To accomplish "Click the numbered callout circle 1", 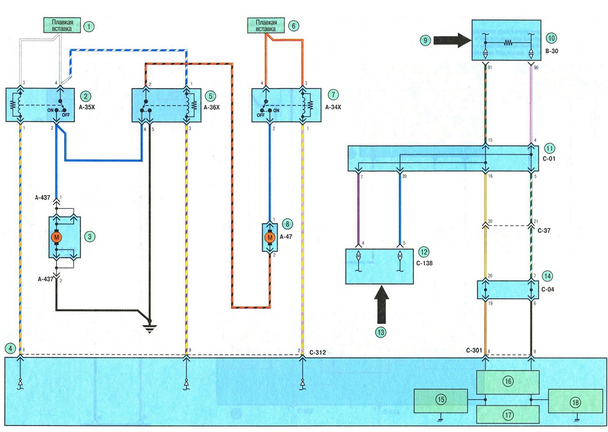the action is (x=88, y=27).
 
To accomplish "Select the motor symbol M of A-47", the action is (x=270, y=238).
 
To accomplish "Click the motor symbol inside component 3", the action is (x=57, y=238).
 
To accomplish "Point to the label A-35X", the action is (x=87, y=107).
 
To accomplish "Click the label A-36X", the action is (x=212, y=107).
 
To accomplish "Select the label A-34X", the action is (x=333, y=107).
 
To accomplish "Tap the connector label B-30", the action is (x=551, y=51).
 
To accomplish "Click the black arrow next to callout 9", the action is (x=452, y=40).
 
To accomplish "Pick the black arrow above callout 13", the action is (x=382, y=305).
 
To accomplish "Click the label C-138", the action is (x=425, y=263).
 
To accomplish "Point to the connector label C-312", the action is (x=317, y=353).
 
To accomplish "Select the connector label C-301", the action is (x=474, y=350).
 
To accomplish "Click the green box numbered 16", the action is (x=508, y=382).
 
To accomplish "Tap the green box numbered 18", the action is (x=575, y=402).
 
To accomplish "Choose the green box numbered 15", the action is (x=441, y=401).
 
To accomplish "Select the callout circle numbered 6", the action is (x=294, y=26).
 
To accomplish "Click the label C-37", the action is (x=544, y=231).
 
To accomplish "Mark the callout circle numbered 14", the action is (x=547, y=276).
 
